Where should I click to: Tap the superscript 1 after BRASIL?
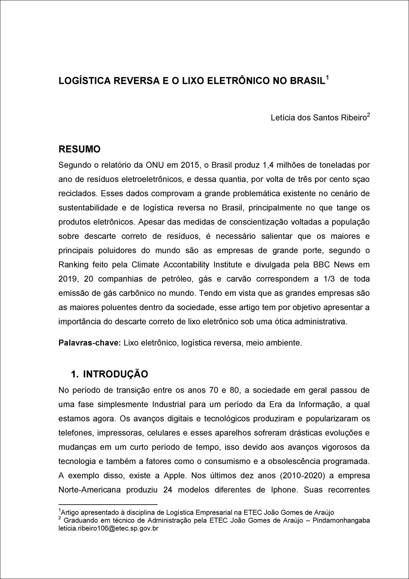[327, 78]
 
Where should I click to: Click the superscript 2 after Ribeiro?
[368, 115]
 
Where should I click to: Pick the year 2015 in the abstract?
[190, 165]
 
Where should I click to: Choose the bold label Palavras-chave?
[90, 343]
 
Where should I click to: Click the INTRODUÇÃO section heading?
[116, 374]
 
